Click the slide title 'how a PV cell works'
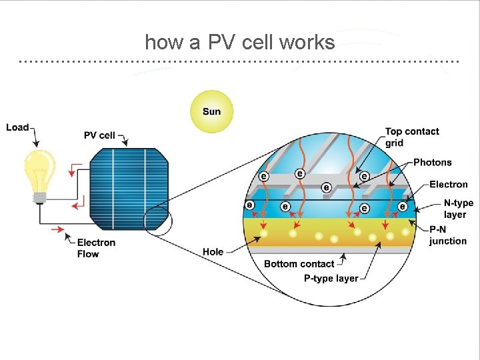[239, 43]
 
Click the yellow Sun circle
[211, 111]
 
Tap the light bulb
[40, 171]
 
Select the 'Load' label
[17, 127]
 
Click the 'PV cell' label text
[99, 135]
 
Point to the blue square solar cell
[129, 187]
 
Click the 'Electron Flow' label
[96, 248]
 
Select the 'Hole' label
[213, 251]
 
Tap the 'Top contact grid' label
[411, 137]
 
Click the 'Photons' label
[432, 162]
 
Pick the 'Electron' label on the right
[448, 185]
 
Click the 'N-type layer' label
[458, 209]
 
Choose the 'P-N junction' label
[447, 235]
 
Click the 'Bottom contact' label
[299, 264]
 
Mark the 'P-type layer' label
[331, 278]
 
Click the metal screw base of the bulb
[40, 197]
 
